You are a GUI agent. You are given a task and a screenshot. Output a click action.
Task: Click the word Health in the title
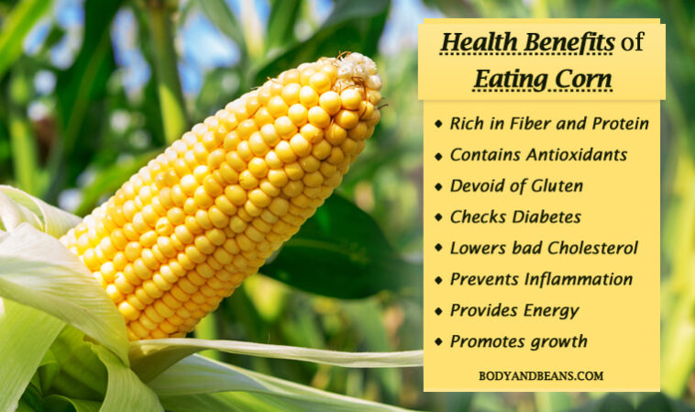click(x=480, y=43)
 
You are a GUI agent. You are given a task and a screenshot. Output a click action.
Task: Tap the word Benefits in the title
click(x=569, y=43)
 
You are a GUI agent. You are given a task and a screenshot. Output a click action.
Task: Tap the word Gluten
click(x=557, y=186)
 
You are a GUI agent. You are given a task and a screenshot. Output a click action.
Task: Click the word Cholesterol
click(x=594, y=248)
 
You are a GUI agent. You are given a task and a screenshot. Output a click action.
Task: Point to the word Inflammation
click(x=579, y=279)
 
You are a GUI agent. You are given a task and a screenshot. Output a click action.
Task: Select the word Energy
click(x=552, y=310)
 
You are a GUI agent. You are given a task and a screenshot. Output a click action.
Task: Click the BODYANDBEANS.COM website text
click(x=541, y=376)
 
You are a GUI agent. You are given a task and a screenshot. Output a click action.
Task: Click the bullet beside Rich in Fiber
click(x=438, y=124)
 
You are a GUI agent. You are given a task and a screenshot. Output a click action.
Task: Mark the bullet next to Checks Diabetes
click(x=438, y=217)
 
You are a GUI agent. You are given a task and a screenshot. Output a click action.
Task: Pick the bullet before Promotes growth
click(x=438, y=342)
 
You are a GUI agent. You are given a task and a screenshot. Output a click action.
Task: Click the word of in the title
click(x=632, y=43)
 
